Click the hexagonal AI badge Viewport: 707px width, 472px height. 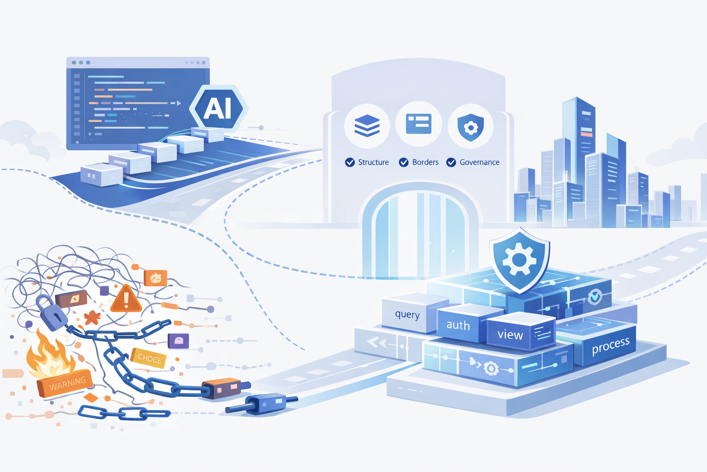tap(218, 109)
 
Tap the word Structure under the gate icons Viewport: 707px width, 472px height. tap(373, 162)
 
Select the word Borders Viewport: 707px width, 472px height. tap(425, 162)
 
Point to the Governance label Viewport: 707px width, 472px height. tap(479, 162)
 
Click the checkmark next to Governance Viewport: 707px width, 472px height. tap(451, 162)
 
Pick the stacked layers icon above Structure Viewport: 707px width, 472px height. tap(367, 125)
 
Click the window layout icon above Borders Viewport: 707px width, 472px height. tap(418, 124)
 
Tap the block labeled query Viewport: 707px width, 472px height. tap(407, 314)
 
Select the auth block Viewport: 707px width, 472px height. tap(458, 325)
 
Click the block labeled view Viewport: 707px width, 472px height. tap(510, 335)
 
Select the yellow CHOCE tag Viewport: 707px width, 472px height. tap(149, 358)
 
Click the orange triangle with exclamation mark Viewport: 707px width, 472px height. tap(126, 300)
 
